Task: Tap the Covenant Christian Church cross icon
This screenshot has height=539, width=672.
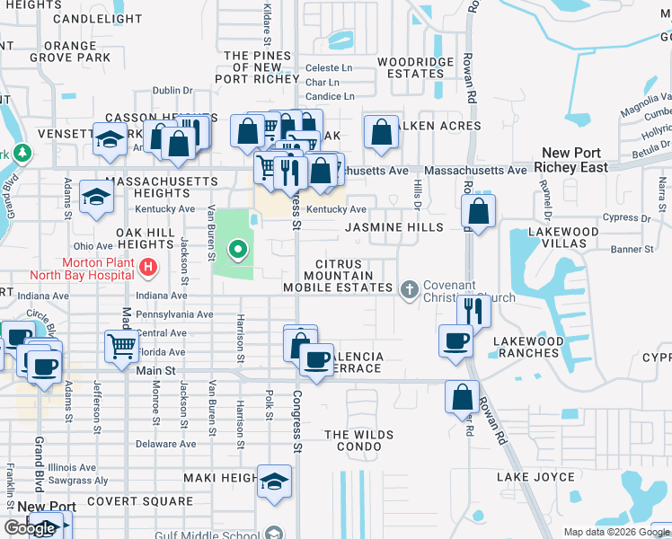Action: pos(410,288)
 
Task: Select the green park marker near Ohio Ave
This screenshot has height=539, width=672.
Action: pos(238,250)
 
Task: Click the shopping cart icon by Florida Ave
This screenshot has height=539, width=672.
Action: pos(121,346)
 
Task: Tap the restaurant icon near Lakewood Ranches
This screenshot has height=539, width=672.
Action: pos(473,311)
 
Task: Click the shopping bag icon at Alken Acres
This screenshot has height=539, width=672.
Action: pos(381,132)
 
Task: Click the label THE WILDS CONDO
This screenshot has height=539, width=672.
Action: pos(359,441)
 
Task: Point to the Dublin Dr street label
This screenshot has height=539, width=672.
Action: pos(172,91)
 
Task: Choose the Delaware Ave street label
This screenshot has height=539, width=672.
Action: pos(165,444)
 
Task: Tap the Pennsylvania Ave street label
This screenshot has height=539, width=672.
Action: pos(173,315)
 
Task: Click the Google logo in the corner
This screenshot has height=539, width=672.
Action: pos(30,528)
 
